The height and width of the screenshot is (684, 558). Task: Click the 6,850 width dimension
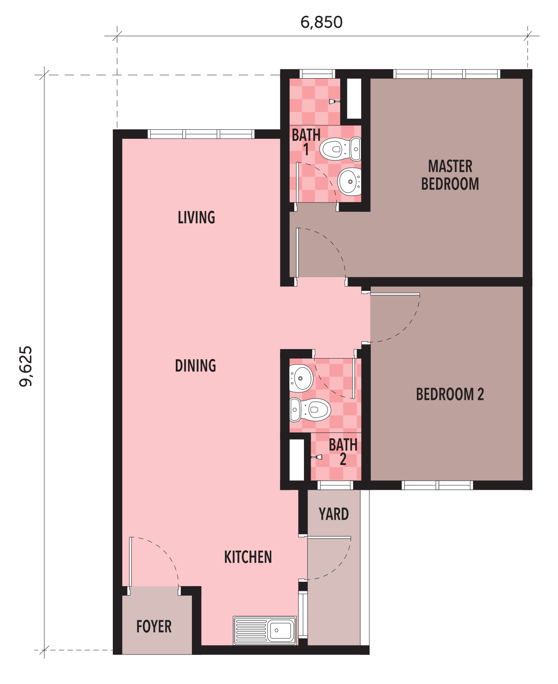pos(321,22)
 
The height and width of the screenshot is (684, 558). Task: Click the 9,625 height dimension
pos(26,366)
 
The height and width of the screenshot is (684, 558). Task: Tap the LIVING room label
pos(196,217)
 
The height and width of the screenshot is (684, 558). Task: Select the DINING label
pos(195,366)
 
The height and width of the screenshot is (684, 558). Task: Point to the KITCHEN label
pos(248,557)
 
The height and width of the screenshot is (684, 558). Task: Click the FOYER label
pos(154,627)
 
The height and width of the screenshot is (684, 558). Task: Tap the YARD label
pos(334,514)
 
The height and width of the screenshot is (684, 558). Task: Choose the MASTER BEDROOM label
pos(450,175)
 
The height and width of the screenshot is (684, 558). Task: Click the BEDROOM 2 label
pos(450,394)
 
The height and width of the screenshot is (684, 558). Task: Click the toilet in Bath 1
pos(341,149)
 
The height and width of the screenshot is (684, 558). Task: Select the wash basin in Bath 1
pos(350,182)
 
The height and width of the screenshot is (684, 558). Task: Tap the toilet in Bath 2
pos(310,410)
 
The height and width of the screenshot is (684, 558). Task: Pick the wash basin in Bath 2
pos(301,378)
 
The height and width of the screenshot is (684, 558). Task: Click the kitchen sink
pos(265,631)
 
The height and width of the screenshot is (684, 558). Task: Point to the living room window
pos(201,134)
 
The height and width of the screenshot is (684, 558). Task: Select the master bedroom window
pos(447,74)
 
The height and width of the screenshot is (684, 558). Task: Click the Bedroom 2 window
pos(437,485)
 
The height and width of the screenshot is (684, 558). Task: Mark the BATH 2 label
pos(343,452)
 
